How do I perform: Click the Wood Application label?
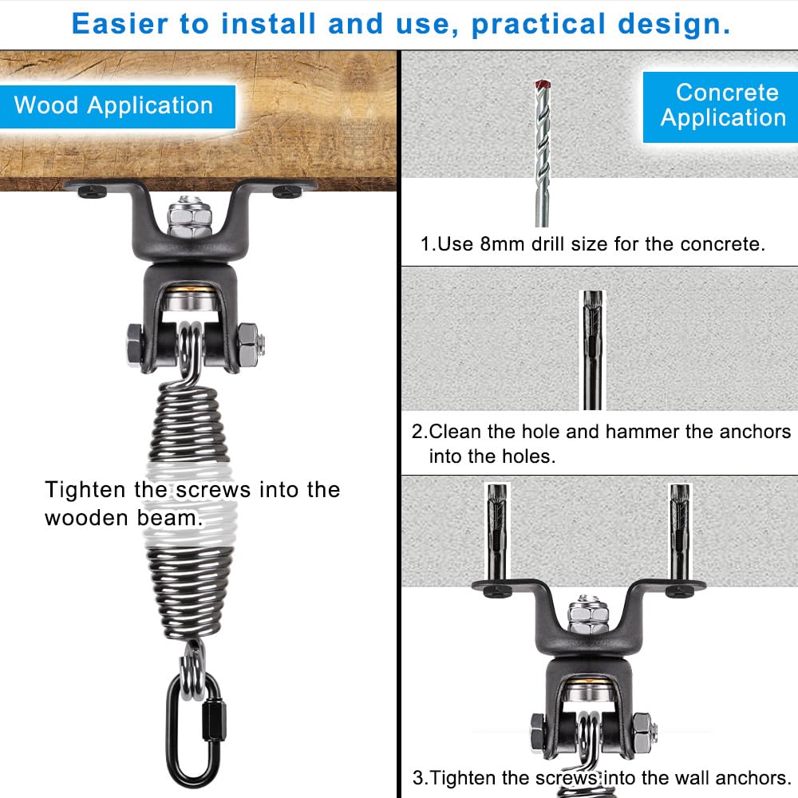[x=113, y=106]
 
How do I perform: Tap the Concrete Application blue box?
[x=722, y=105]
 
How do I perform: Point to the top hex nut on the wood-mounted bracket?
[x=189, y=215]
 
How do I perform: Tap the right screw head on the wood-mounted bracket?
[x=286, y=191]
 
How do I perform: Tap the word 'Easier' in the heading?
[x=120, y=25]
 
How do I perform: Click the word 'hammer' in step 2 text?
[x=644, y=433]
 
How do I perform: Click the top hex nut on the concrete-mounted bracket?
[x=588, y=614]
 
